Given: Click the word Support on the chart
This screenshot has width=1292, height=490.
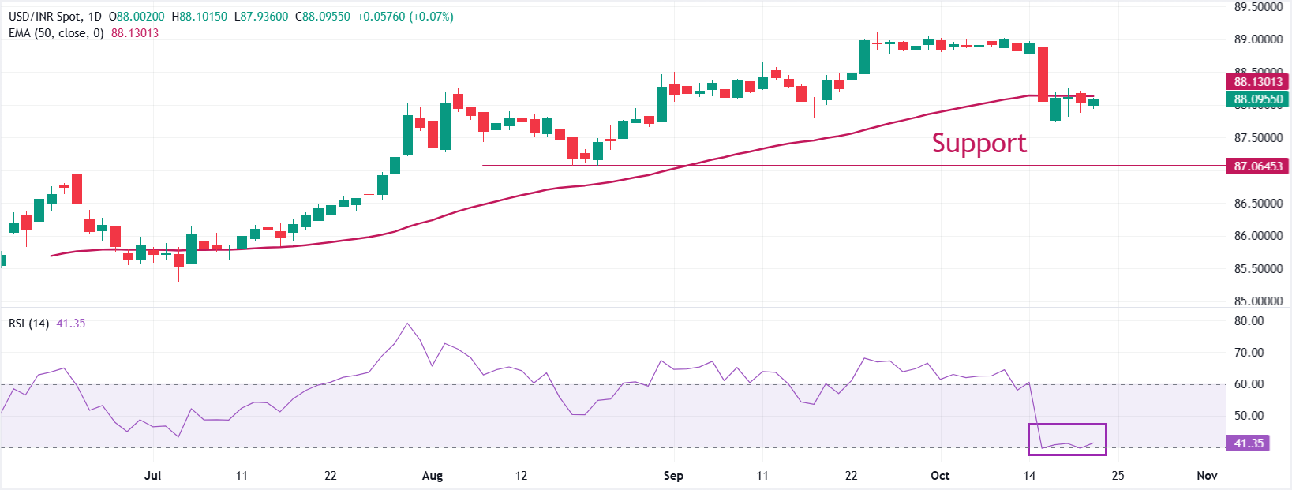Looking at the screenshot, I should (x=979, y=143).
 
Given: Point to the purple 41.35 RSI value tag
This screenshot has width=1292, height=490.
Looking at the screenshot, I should (x=1249, y=443).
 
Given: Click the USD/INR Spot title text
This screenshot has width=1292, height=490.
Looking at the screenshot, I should (x=44, y=17).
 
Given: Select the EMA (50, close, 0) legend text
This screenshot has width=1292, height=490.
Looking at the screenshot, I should (x=56, y=33).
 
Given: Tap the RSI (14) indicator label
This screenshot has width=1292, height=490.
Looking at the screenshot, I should (x=29, y=324).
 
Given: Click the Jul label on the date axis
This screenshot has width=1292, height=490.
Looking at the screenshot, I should (x=153, y=476).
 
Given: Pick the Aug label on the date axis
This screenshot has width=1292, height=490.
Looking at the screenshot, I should (x=433, y=476).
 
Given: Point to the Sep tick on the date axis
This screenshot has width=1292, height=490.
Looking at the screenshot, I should (x=673, y=476).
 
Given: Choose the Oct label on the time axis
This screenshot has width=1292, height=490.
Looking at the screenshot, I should (x=940, y=476).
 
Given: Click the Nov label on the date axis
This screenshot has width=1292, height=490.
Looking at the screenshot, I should (x=1207, y=476).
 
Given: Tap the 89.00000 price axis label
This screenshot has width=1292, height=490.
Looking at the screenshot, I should (x=1258, y=39).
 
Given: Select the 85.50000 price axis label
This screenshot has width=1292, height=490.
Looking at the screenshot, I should (x=1258, y=269).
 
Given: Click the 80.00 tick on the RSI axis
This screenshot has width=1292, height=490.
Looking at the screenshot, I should (x=1249, y=321).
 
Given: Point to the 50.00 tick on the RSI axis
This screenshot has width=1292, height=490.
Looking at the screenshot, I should (x=1249, y=416).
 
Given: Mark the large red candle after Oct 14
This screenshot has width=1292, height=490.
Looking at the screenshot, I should (x=1043, y=73).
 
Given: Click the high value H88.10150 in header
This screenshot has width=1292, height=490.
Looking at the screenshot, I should (x=199, y=17).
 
